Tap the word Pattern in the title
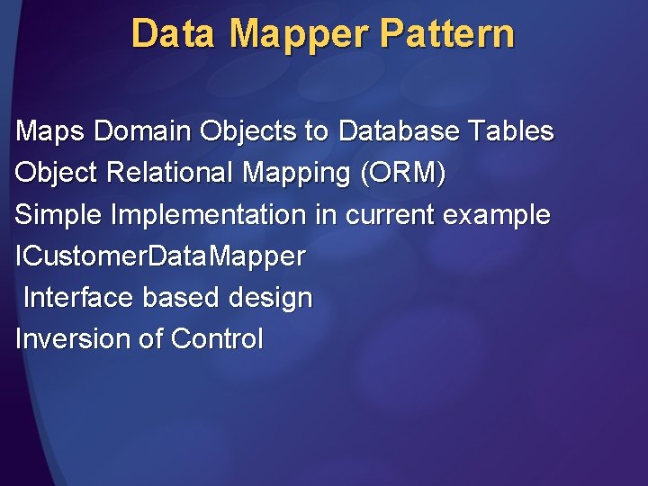pos(447,34)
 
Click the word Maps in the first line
pos(49,131)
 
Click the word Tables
pos(510,131)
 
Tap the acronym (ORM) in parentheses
pos(402,173)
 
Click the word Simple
pos(58,215)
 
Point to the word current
pos(387,215)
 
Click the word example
pos(499,215)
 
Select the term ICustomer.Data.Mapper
pos(160,256)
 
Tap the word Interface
pos(80,298)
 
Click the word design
pos(271,298)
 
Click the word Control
pos(217,339)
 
